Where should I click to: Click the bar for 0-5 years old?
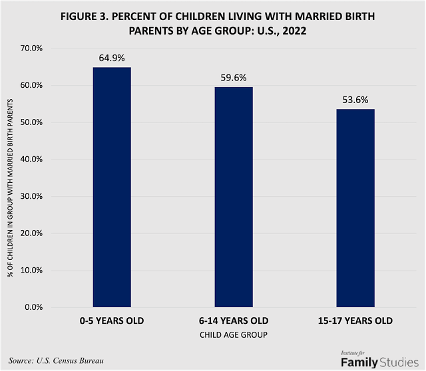(x=112, y=187)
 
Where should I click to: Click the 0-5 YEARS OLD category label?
(x=112, y=321)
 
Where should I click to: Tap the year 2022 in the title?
(x=292, y=30)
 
